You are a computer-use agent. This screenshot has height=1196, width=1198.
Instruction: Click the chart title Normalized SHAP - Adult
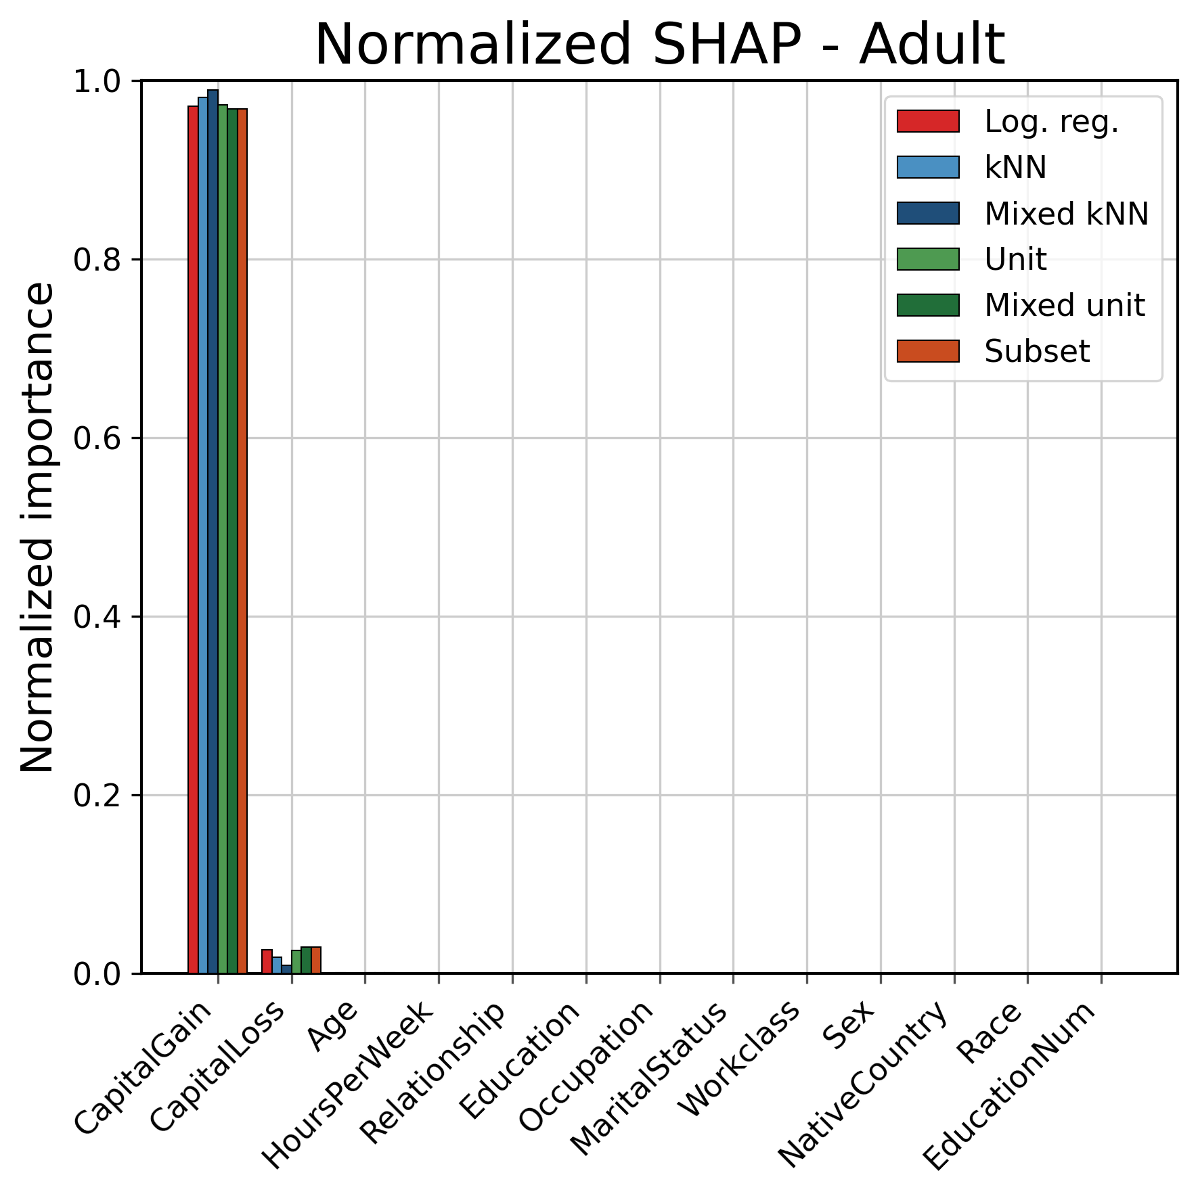(660, 45)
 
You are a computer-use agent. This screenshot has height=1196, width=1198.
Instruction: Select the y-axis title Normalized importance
(37, 527)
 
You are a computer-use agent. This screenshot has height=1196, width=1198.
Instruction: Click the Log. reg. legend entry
(1008, 122)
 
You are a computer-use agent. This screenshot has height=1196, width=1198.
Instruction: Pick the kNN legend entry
(972, 167)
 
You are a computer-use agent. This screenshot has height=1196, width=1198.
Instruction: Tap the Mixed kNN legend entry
(1023, 213)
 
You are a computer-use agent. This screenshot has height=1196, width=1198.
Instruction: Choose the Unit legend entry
(972, 259)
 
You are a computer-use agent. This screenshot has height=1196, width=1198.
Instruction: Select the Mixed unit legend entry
(1021, 305)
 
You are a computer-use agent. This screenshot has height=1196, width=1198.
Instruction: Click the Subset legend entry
(994, 351)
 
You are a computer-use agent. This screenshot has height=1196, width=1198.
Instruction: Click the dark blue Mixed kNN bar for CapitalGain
(213, 532)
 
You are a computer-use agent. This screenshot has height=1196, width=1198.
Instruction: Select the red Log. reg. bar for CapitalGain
(193, 540)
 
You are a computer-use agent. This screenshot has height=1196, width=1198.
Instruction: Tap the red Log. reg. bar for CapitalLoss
(267, 961)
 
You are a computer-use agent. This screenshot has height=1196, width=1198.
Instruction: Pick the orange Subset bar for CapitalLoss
(316, 960)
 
